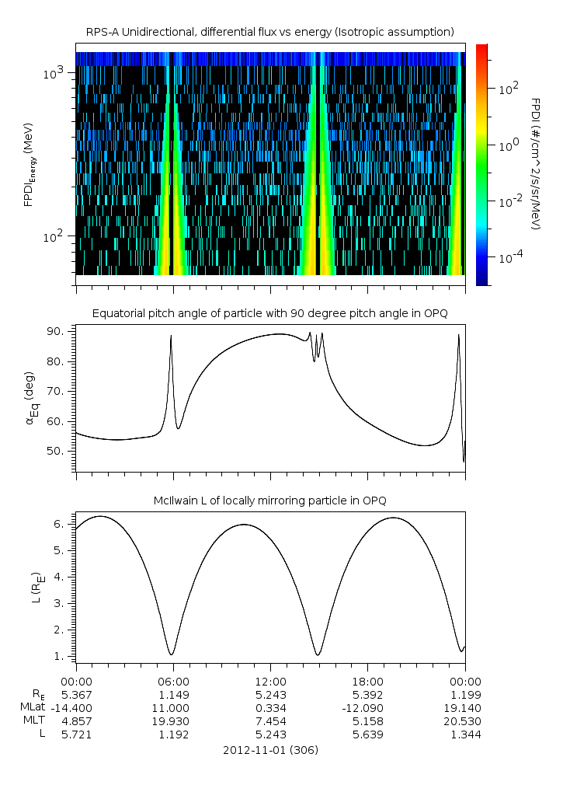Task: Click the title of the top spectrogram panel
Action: tap(269, 31)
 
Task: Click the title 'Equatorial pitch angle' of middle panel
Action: tap(269, 313)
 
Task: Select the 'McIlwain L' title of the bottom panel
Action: tap(269, 500)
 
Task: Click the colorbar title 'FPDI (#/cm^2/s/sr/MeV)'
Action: tap(536, 164)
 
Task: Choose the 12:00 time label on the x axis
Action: tap(270, 679)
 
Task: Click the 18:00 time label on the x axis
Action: tap(367, 679)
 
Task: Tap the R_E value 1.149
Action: tap(172, 694)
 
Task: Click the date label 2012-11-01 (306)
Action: tap(270, 750)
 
